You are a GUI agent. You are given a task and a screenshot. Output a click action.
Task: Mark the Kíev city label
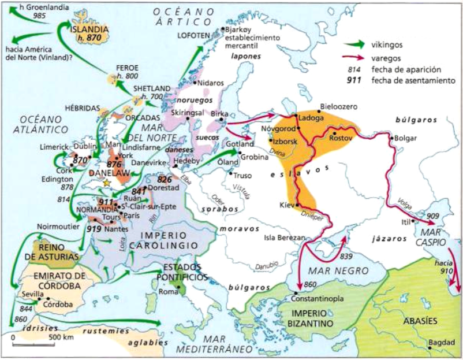[x=286, y=205]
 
